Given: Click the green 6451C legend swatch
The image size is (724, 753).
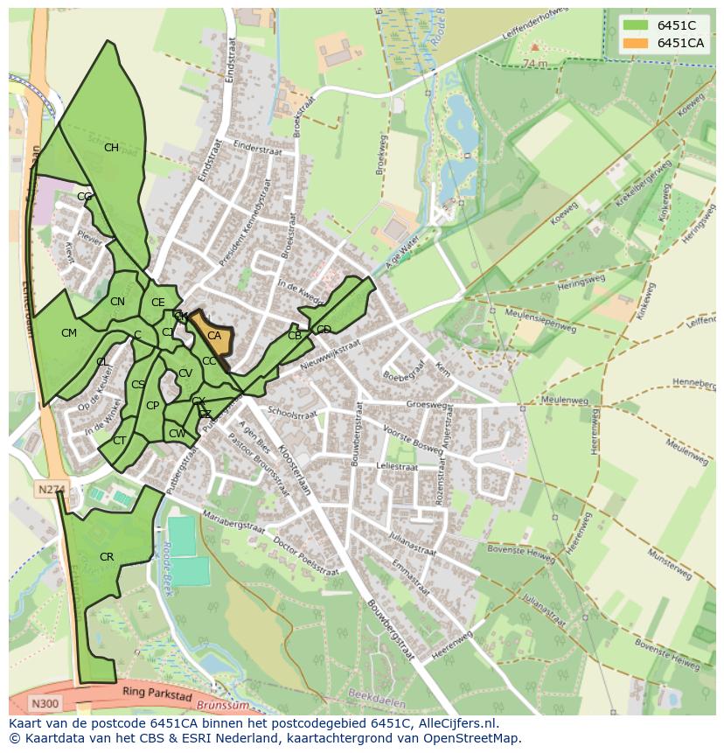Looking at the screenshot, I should [636, 25].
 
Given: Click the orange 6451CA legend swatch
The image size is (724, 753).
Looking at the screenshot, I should [636, 43].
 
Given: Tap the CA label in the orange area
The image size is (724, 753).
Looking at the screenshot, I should [213, 336].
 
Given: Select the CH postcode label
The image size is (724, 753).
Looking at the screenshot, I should [111, 148].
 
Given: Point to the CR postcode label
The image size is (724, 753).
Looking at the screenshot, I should [107, 557].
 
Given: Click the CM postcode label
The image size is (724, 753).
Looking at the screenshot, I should [69, 333].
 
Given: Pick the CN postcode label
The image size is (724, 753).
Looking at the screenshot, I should [117, 302].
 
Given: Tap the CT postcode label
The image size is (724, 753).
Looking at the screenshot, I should [119, 441].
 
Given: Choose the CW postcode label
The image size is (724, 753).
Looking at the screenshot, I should [177, 434].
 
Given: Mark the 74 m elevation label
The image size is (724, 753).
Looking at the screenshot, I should [533, 63].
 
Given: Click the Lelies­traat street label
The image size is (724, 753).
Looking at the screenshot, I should [397, 468].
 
